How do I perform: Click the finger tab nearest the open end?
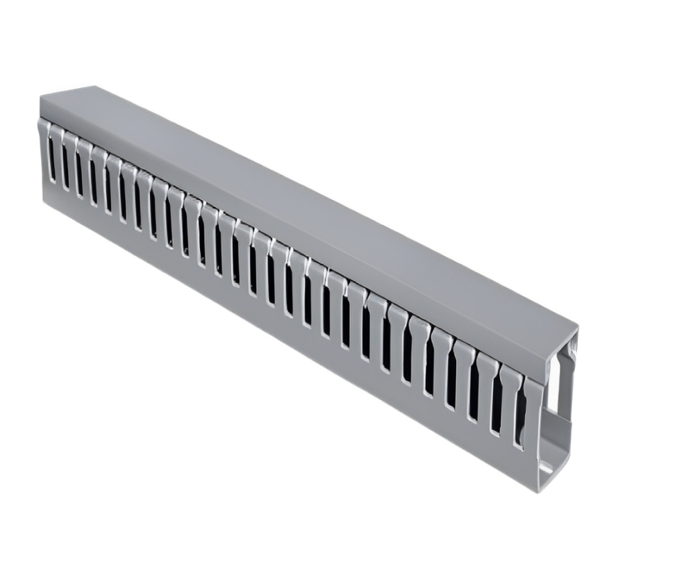click(x=532, y=417)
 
